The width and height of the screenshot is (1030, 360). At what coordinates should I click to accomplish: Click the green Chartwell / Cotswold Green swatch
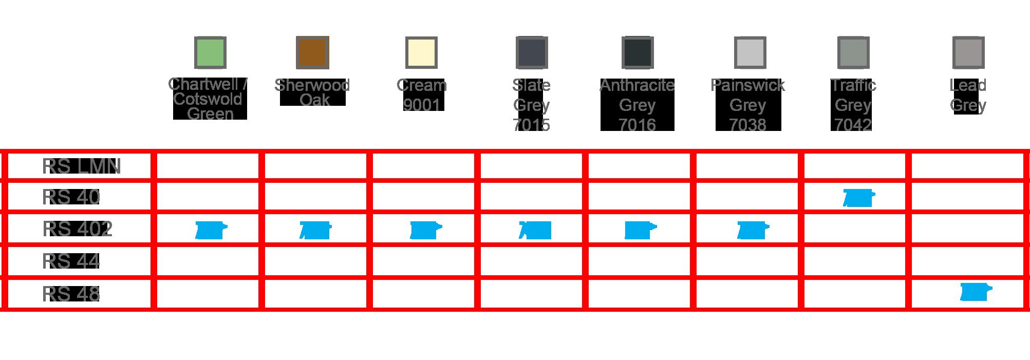(210, 52)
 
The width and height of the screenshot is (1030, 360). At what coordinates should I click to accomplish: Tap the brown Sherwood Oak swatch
(312, 52)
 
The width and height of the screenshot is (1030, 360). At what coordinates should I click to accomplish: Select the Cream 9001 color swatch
(421, 52)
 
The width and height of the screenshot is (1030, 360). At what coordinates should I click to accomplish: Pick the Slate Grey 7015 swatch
(532, 52)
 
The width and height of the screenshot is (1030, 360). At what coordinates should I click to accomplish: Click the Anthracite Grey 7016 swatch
(638, 52)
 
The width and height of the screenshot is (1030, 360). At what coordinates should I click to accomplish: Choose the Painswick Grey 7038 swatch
(750, 52)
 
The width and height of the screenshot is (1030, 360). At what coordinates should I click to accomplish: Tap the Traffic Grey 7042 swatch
(853, 52)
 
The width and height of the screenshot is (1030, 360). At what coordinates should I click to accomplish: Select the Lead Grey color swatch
(968, 52)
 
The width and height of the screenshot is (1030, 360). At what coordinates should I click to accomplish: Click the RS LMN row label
(81, 166)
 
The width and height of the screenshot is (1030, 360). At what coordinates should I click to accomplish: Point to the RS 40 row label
(71, 197)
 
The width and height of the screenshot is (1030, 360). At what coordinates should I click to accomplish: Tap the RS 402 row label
(77, 229)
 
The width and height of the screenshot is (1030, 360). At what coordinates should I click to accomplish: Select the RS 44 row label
(70, 261)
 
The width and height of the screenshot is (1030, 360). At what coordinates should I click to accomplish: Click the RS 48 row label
(70, 294)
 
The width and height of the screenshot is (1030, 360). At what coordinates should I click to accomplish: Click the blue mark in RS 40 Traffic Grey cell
(858, 198)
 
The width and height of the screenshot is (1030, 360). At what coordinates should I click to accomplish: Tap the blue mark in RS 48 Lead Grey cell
(975, 293)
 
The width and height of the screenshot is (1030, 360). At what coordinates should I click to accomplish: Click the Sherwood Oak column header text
(312, 92)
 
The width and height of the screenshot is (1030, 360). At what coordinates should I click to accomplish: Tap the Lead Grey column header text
(968, 95)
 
